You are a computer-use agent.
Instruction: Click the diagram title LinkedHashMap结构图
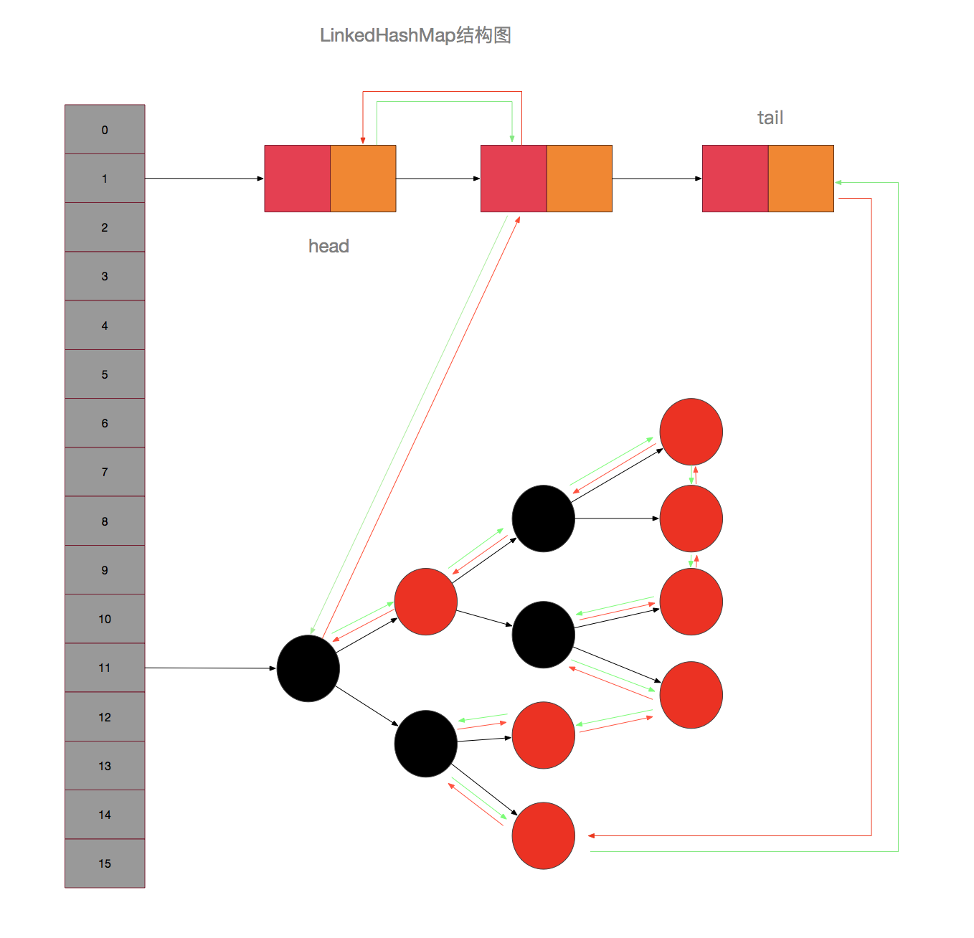click(415, 35)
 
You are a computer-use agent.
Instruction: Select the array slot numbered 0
click(105, 130)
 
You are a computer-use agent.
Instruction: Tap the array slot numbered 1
click(105, 179)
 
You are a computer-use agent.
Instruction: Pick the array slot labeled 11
click(105, 668)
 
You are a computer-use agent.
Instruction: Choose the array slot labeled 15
click(105, 863)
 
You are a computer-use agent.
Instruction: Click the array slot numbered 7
click(105, 472)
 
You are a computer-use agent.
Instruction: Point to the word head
click(328, 246)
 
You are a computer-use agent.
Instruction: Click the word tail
click(770, 118)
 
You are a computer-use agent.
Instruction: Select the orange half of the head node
click(363, 179)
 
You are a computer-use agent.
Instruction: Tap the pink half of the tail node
click(735, 179)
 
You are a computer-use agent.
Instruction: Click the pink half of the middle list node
click(514, 179)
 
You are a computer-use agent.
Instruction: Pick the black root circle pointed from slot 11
click(308, 668)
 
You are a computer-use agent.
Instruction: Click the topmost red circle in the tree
click(691, 432)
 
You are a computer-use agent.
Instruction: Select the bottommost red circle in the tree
click(544, 835)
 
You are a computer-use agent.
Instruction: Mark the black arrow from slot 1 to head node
click(204, 179)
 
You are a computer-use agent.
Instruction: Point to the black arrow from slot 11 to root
click(210, 668)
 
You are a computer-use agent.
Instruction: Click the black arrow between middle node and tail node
click(657, 179)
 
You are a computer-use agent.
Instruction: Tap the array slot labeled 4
click(105, 326)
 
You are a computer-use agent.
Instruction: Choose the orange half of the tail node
click(801, 179)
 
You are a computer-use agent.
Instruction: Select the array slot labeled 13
click(105, 766)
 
